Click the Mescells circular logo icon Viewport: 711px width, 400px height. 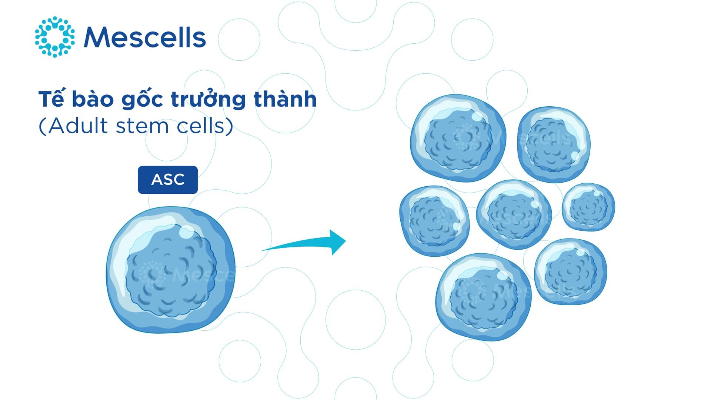pyautogui.click(x=55, y=37)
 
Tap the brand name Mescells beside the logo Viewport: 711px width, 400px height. pyautogui.click(x=145, y=37)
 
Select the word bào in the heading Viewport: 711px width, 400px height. pyautogui.click(x=93, y=99)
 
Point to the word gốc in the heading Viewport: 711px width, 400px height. pyautogui.click(x=142, y=99)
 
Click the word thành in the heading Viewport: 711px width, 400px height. pyautogui.click(x=285, y=99)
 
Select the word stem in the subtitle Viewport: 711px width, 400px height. pyautogui.click(x=142, y=127)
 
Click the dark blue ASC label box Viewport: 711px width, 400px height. pyautogui.click(x=168, y=180)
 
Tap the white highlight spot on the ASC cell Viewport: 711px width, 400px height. pyautogui.click(x=186, y=232)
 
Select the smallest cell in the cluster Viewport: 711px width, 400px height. pyautogui.click(x=588, y=207)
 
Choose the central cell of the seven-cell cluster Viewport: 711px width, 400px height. pyautogui.click(x=514, y=214)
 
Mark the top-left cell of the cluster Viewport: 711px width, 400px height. pyautogui.click(x=458, y=138)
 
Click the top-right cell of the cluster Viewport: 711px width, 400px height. pyautogui.click(x=554, y=144)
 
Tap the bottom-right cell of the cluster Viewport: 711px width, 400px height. pyautogui.click(x=570, y=271)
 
